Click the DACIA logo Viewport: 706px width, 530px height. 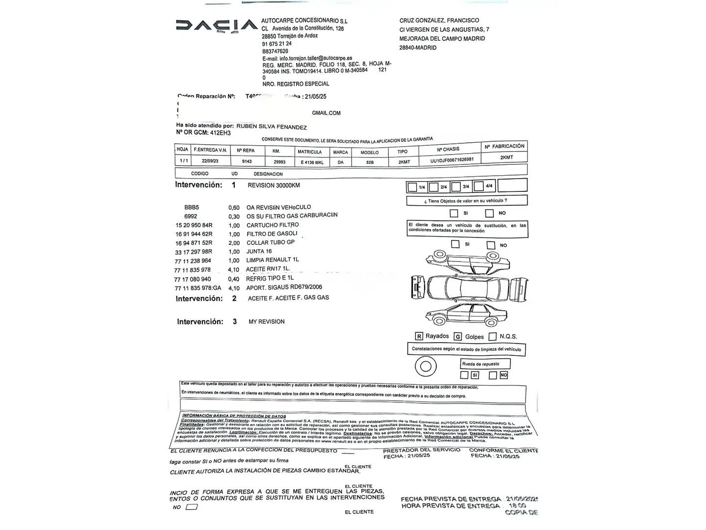[x=216, y=26]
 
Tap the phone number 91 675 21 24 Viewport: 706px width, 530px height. [x=277, y=44]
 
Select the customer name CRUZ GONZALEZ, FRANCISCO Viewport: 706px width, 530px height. [x=439, y=21]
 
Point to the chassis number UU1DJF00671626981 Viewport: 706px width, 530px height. [x=452, y=160]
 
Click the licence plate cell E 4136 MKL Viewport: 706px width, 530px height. [x=312, y=162]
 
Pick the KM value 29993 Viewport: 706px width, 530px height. [x=279, y=162]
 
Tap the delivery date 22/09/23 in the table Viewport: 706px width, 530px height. [x=210, y=160]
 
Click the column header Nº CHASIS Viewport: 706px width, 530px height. [x=448, y=149]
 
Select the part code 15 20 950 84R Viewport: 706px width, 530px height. [x=194, y=225]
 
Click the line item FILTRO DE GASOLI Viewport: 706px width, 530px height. [x=272, y=234]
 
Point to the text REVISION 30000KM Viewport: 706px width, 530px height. [x=274, y=185]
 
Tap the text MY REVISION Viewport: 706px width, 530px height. [x=266, y=321]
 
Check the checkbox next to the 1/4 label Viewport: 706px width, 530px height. [x=412, y=187]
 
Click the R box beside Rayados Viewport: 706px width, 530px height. [x=419, y=336]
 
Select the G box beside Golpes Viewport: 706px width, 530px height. [x=458, y=337]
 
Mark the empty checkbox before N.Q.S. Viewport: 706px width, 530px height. [x=493, y=336]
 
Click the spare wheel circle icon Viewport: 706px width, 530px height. [x=426, y=366]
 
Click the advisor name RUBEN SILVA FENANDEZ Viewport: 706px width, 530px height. [x=272, y=127]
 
